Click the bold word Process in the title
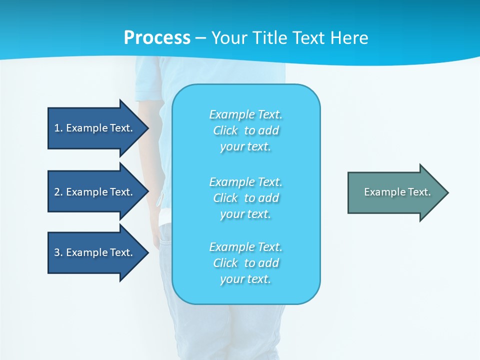[x=157, y=38]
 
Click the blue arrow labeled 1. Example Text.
[x=95, y=128]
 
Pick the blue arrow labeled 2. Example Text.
[x=95, y=192]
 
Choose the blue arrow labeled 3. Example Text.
[x=95, y=252]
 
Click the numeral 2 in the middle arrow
[x=57, y=192]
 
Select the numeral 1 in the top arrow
[x=57, y=128]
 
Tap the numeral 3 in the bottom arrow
[x=57, y=252]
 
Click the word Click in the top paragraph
[x=225, y=130]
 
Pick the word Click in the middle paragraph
[x=225, y=198]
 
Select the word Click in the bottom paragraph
[x=225, y=263]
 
